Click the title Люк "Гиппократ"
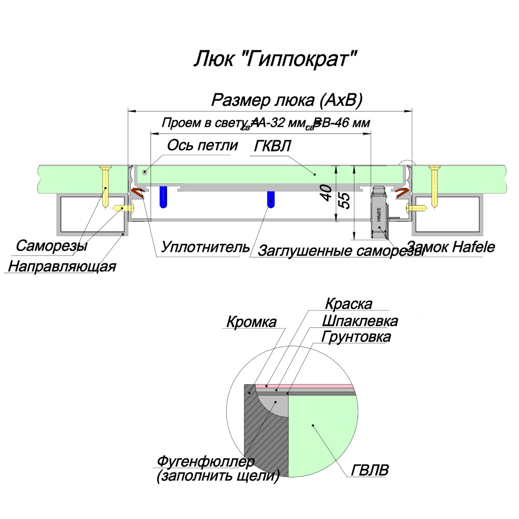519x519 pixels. (x=276, y=59)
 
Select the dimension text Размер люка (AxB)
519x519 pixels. (x=287, y=100)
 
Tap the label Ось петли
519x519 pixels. (x=202, y=145)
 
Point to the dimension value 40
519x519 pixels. (x=326, y=194)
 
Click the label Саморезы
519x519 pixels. (x=51, y=245)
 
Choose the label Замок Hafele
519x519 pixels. (x=450, y=247)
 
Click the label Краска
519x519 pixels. (x=349, y=303)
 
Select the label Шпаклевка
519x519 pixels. (x=360, y=321)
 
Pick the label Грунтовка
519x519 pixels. (x=356, y=337)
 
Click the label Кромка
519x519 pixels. (x=251, y=322)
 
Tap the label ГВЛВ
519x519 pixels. (x=370, y=471)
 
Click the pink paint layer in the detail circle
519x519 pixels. (x=311, y=387)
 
